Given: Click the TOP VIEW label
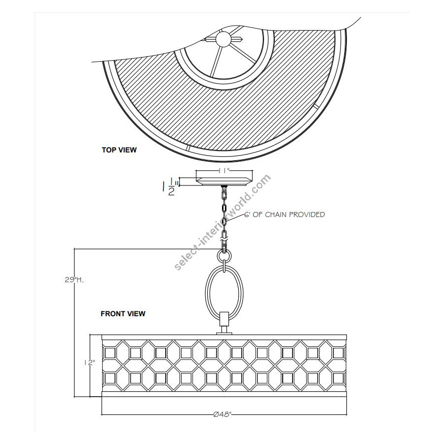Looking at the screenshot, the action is [x=119, y=150].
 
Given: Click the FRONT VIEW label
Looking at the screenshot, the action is [x=123, y=314].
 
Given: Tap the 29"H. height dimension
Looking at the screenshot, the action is [x=74, y=280].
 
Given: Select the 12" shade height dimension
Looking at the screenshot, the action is [x=89, y=363].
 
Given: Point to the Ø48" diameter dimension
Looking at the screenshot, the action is [x=222, y=414].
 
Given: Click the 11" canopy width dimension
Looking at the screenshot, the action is [x=224, y=171].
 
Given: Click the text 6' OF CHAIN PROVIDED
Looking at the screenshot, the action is [x=285, y=215].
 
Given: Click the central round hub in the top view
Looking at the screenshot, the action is [x=223, y=38].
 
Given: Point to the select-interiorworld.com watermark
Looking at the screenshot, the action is [x=222, y=222].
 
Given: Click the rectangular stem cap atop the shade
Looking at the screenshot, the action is [x=224, y=319].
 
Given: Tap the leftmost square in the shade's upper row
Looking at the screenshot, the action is [x=110, y=353].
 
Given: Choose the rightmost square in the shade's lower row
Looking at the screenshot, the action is [x=338, y=378].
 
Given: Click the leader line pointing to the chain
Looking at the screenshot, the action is [x=235, y=218].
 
